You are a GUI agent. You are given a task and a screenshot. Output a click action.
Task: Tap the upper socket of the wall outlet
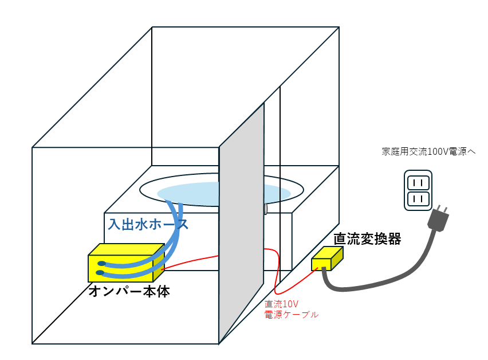click(418, 183)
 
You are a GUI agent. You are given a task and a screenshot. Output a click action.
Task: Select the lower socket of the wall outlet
click(418, 199)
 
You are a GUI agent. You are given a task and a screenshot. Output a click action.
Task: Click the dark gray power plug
click(438, 220)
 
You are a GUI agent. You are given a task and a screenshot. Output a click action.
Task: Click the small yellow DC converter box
click(326, 259)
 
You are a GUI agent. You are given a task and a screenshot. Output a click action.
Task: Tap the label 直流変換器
click(367, 238)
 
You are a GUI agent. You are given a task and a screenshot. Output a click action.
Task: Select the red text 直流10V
click(282, 304)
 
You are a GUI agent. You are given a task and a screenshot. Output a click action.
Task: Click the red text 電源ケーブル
click(291, 315)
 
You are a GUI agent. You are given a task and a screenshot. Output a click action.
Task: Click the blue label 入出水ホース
click(148, 224)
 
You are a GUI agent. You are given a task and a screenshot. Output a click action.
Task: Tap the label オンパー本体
click(129, 291)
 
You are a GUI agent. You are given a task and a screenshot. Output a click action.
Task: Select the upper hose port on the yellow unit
click(101, 264)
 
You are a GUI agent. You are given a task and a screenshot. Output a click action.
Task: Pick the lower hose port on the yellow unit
click(101, 273)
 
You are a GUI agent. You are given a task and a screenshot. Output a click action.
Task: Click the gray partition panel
click(241, 229)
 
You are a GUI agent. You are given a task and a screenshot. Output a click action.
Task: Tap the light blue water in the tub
click(189, 193)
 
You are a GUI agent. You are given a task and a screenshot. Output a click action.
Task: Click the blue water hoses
click(173, 241)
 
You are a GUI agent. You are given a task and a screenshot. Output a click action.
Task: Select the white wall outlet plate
click(418, 191)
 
